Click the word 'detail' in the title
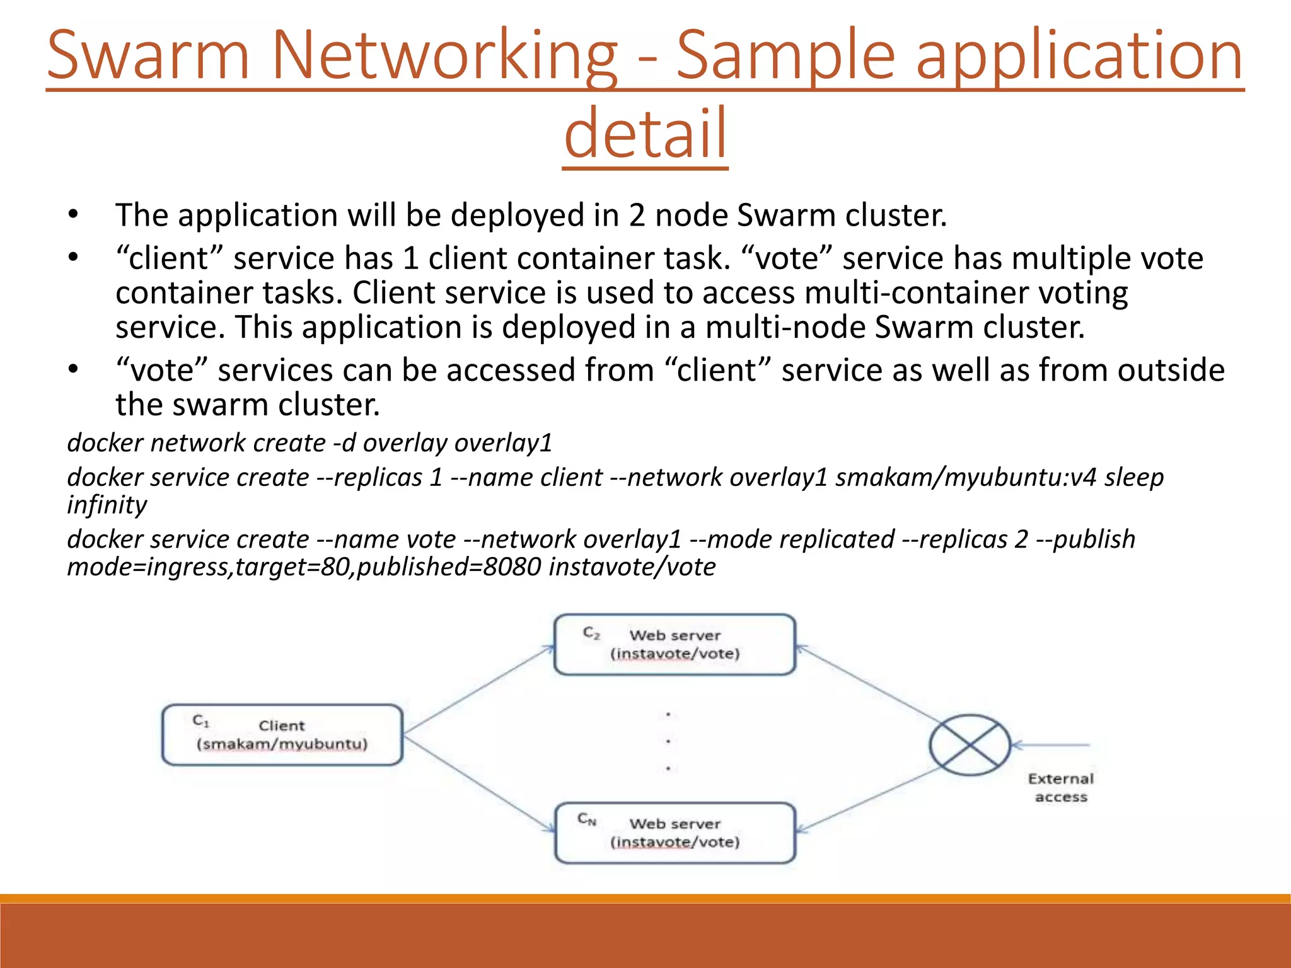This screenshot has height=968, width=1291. (645, 134)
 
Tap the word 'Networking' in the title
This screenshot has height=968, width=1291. (444, 57)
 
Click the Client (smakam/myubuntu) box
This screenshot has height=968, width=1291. (282, 735)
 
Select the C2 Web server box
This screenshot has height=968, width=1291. (674, 644)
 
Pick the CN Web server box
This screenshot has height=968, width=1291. (674, 833)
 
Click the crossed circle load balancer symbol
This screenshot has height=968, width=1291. (970, 745)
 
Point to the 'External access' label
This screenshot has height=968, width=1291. (1060, 788)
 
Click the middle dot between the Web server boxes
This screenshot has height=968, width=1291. (668, 742)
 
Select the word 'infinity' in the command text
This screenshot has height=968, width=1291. (107, 505)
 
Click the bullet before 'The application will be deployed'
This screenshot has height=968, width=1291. (74, 215)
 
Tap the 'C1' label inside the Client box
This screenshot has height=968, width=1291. (200, 720)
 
